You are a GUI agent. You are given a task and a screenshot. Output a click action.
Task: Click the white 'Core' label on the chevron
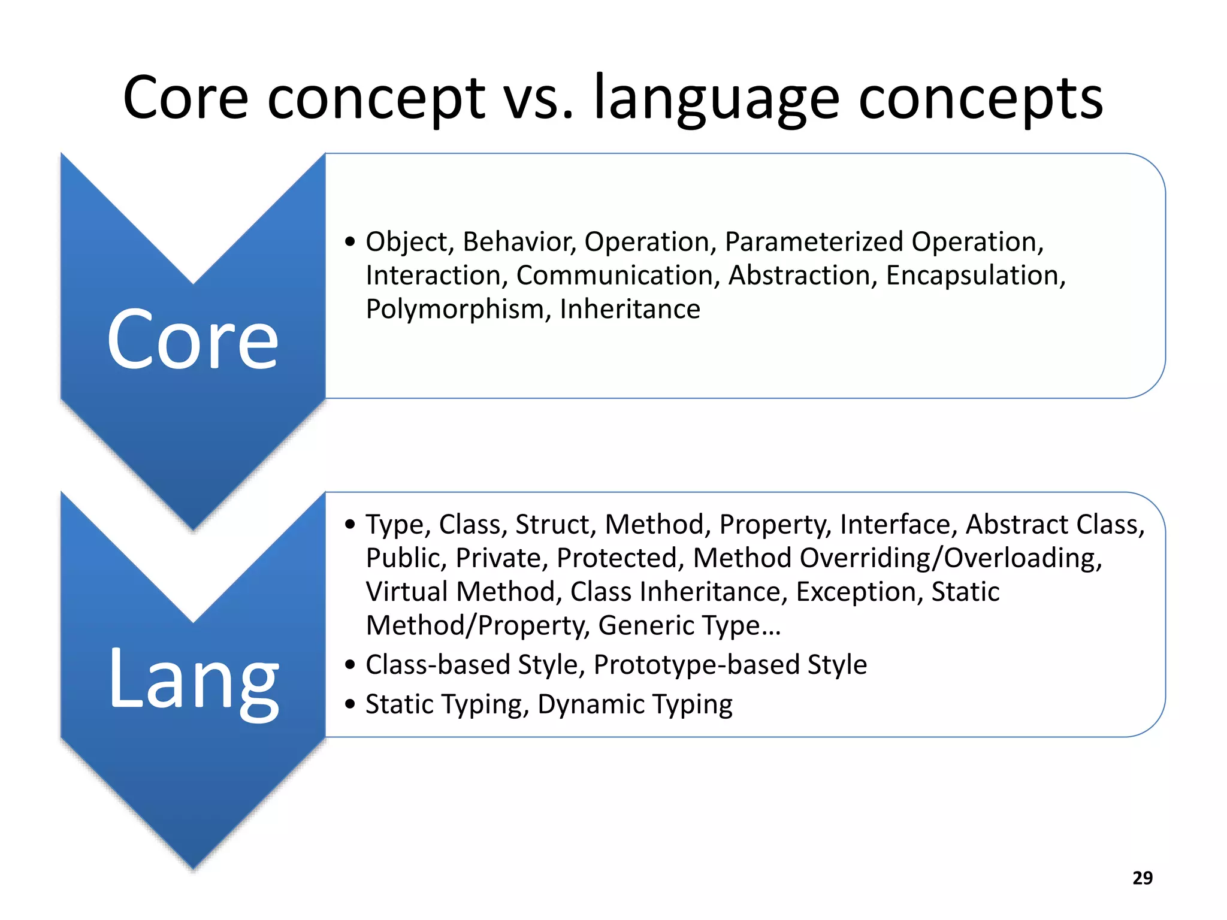point(193,340)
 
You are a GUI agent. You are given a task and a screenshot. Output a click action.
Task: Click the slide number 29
point(1142,877)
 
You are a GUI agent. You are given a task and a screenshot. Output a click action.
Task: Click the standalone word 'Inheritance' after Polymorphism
point(630,310)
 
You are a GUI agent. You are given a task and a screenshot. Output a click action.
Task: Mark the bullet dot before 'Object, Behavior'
point(350,242)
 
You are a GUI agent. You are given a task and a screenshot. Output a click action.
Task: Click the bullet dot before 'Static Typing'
point(350,704)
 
